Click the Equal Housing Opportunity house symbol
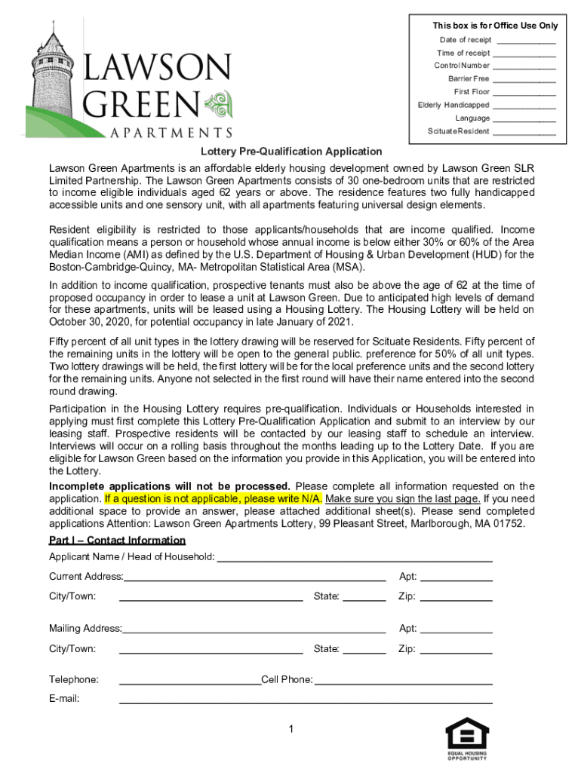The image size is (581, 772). point(468,733)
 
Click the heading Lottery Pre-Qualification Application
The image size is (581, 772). point(290,152)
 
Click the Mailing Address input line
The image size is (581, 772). point(254,631)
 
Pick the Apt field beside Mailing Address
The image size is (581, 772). point(456,631)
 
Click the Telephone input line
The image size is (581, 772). point(190,682)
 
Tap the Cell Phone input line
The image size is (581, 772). point(403,682)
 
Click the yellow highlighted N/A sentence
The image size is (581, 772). point(214,499)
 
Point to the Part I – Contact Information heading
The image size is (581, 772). point(117,541)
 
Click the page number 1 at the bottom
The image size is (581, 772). point(290,729)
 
